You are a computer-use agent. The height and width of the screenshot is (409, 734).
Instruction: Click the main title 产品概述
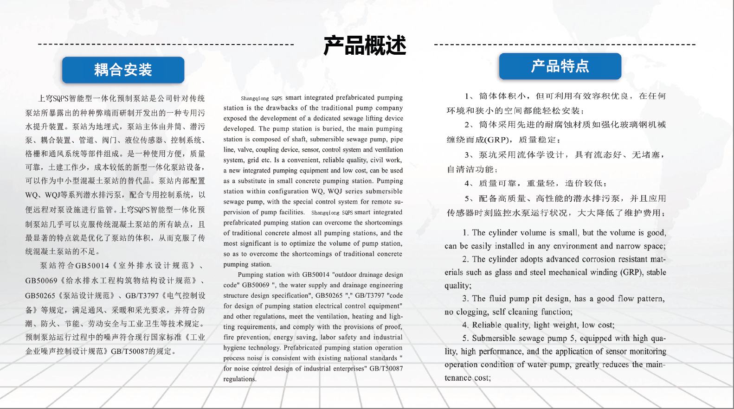[x=365, y=45]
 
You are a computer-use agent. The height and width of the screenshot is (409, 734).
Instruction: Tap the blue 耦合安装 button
[x=123, y=70]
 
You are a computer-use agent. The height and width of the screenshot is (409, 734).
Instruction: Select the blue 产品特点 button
[x=560, y=66]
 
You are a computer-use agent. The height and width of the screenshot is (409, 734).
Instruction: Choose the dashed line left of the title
[x=166, y=45]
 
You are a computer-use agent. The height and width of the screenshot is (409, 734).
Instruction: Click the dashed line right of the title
[x=565, y=45]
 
